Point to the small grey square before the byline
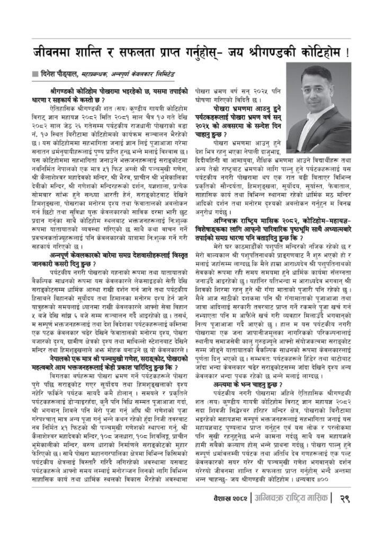(x=35, y=73)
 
